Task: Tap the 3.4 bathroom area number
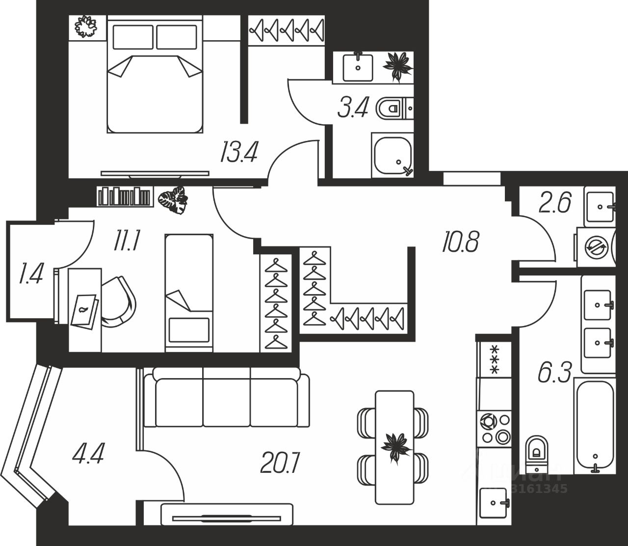point(353,108)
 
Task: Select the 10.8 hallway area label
point(460,242)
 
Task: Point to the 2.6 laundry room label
point(554,203)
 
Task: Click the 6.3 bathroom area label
point(554,374)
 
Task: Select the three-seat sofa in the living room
point(227,398)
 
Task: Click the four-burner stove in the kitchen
point(494,428)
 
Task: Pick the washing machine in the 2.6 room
point(595,247)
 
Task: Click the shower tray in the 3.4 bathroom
point(392,154)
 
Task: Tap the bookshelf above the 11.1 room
point(125,196)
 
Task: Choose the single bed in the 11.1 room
point(189,293)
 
